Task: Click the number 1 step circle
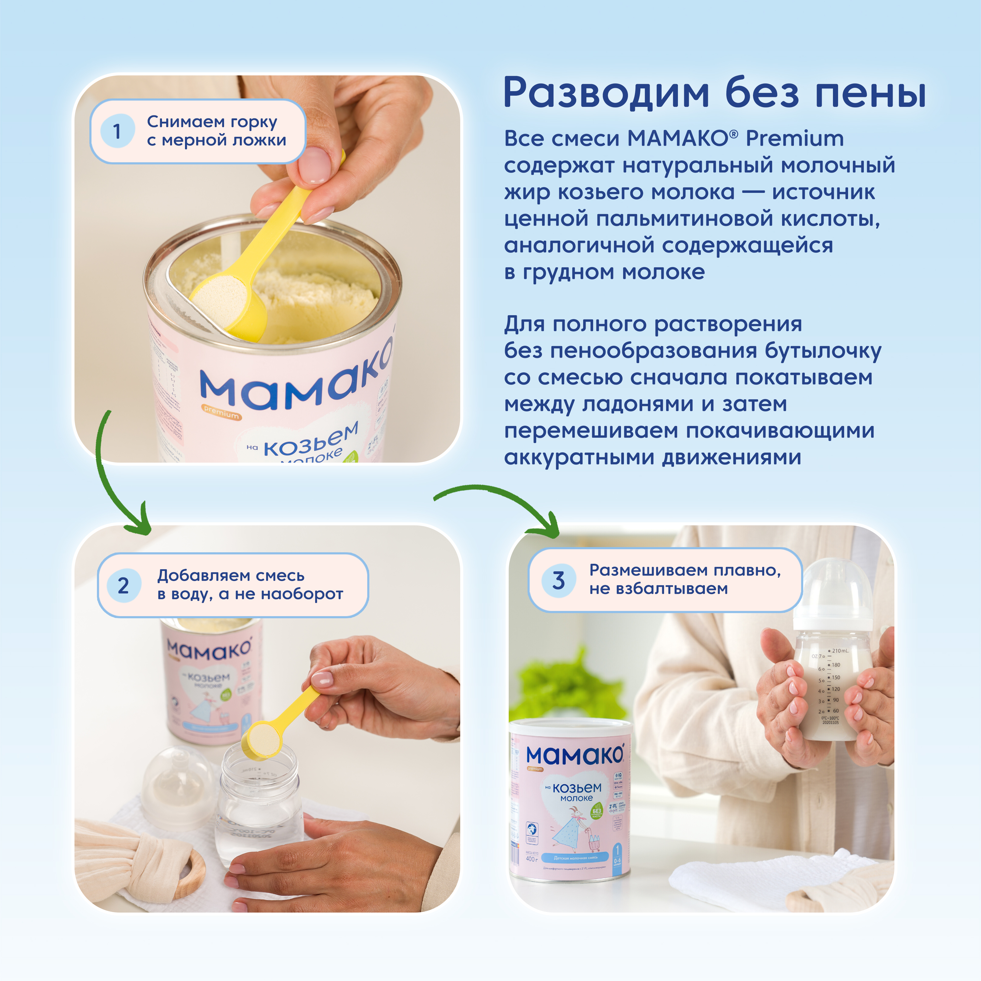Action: click(x=117, y=131)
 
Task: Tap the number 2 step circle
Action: click(x=124, y=586)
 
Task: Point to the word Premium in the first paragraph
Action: click(x=795, y=138)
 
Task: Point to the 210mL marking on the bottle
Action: click(x=840, y=650)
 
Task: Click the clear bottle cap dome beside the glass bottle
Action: click(x=178, y=782)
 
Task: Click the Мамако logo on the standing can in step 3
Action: click(x=574, y=755)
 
